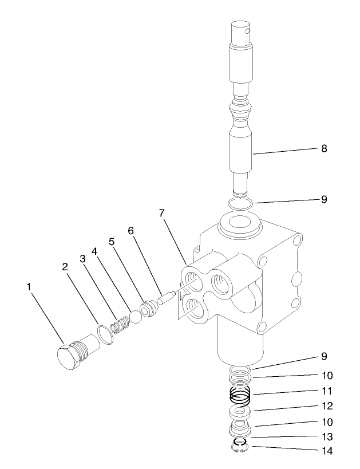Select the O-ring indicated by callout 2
(x=104, y=334)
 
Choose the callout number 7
(x=162, y=214)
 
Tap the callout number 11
(x=326, y=393)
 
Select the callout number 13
(x=326, y=436)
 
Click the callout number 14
(x=326, y=451)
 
